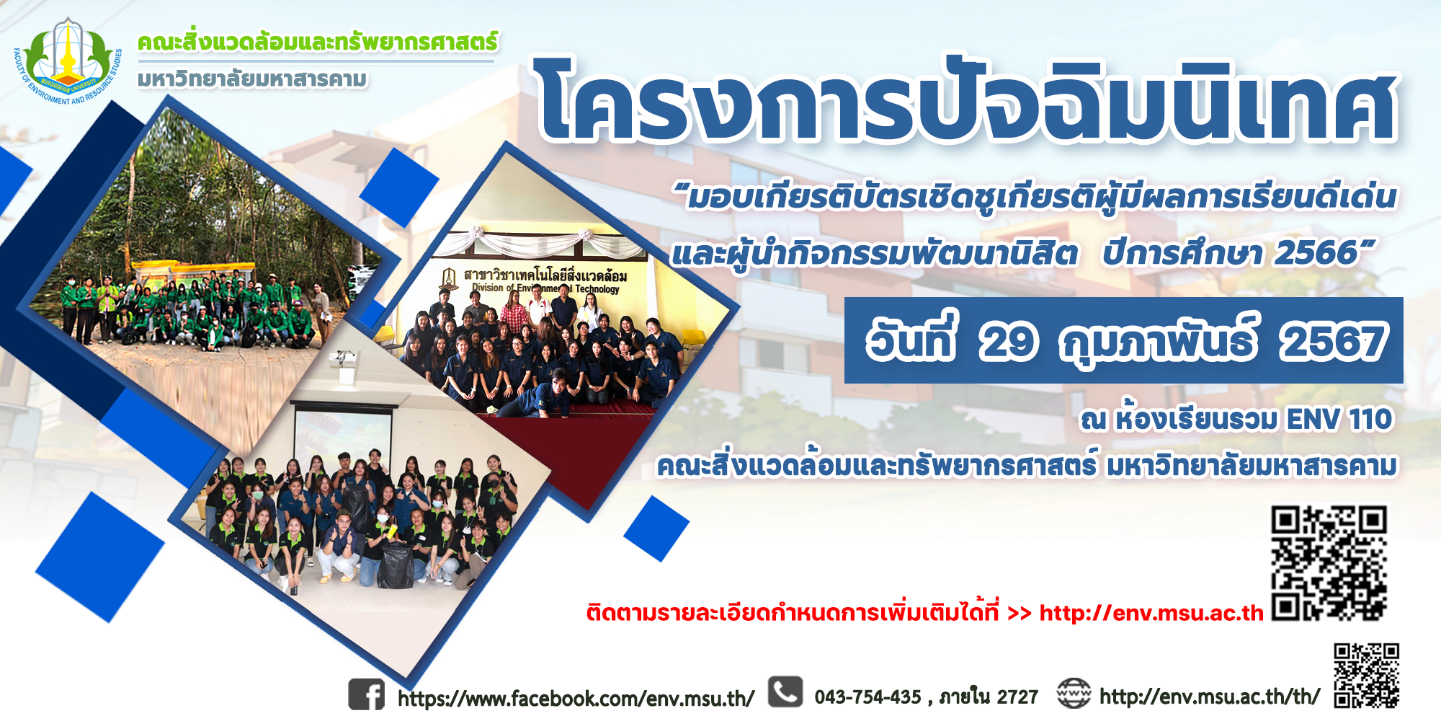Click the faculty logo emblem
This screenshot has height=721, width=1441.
point(68,61)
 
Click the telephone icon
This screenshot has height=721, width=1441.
point(785,692)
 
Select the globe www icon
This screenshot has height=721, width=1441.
point(1074,694)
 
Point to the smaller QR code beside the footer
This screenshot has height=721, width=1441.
point(1367,676)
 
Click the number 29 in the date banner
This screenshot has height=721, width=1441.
point(1009,342)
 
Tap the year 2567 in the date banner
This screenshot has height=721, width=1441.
point(1333,342)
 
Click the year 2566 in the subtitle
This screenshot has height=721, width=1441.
point(1316,253)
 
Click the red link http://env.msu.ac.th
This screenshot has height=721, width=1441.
point(1151,613)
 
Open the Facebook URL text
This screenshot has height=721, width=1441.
point(576,698)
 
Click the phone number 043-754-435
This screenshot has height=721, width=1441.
point(867,696)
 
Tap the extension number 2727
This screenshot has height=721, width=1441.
point(1017,696)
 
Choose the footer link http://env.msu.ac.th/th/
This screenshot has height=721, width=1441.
point(1210,696)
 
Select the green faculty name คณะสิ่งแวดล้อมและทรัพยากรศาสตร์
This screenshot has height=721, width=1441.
point(317,42)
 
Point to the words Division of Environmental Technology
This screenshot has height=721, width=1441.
point(545,288)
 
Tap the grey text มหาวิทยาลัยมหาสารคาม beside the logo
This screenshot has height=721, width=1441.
point(252,79)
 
